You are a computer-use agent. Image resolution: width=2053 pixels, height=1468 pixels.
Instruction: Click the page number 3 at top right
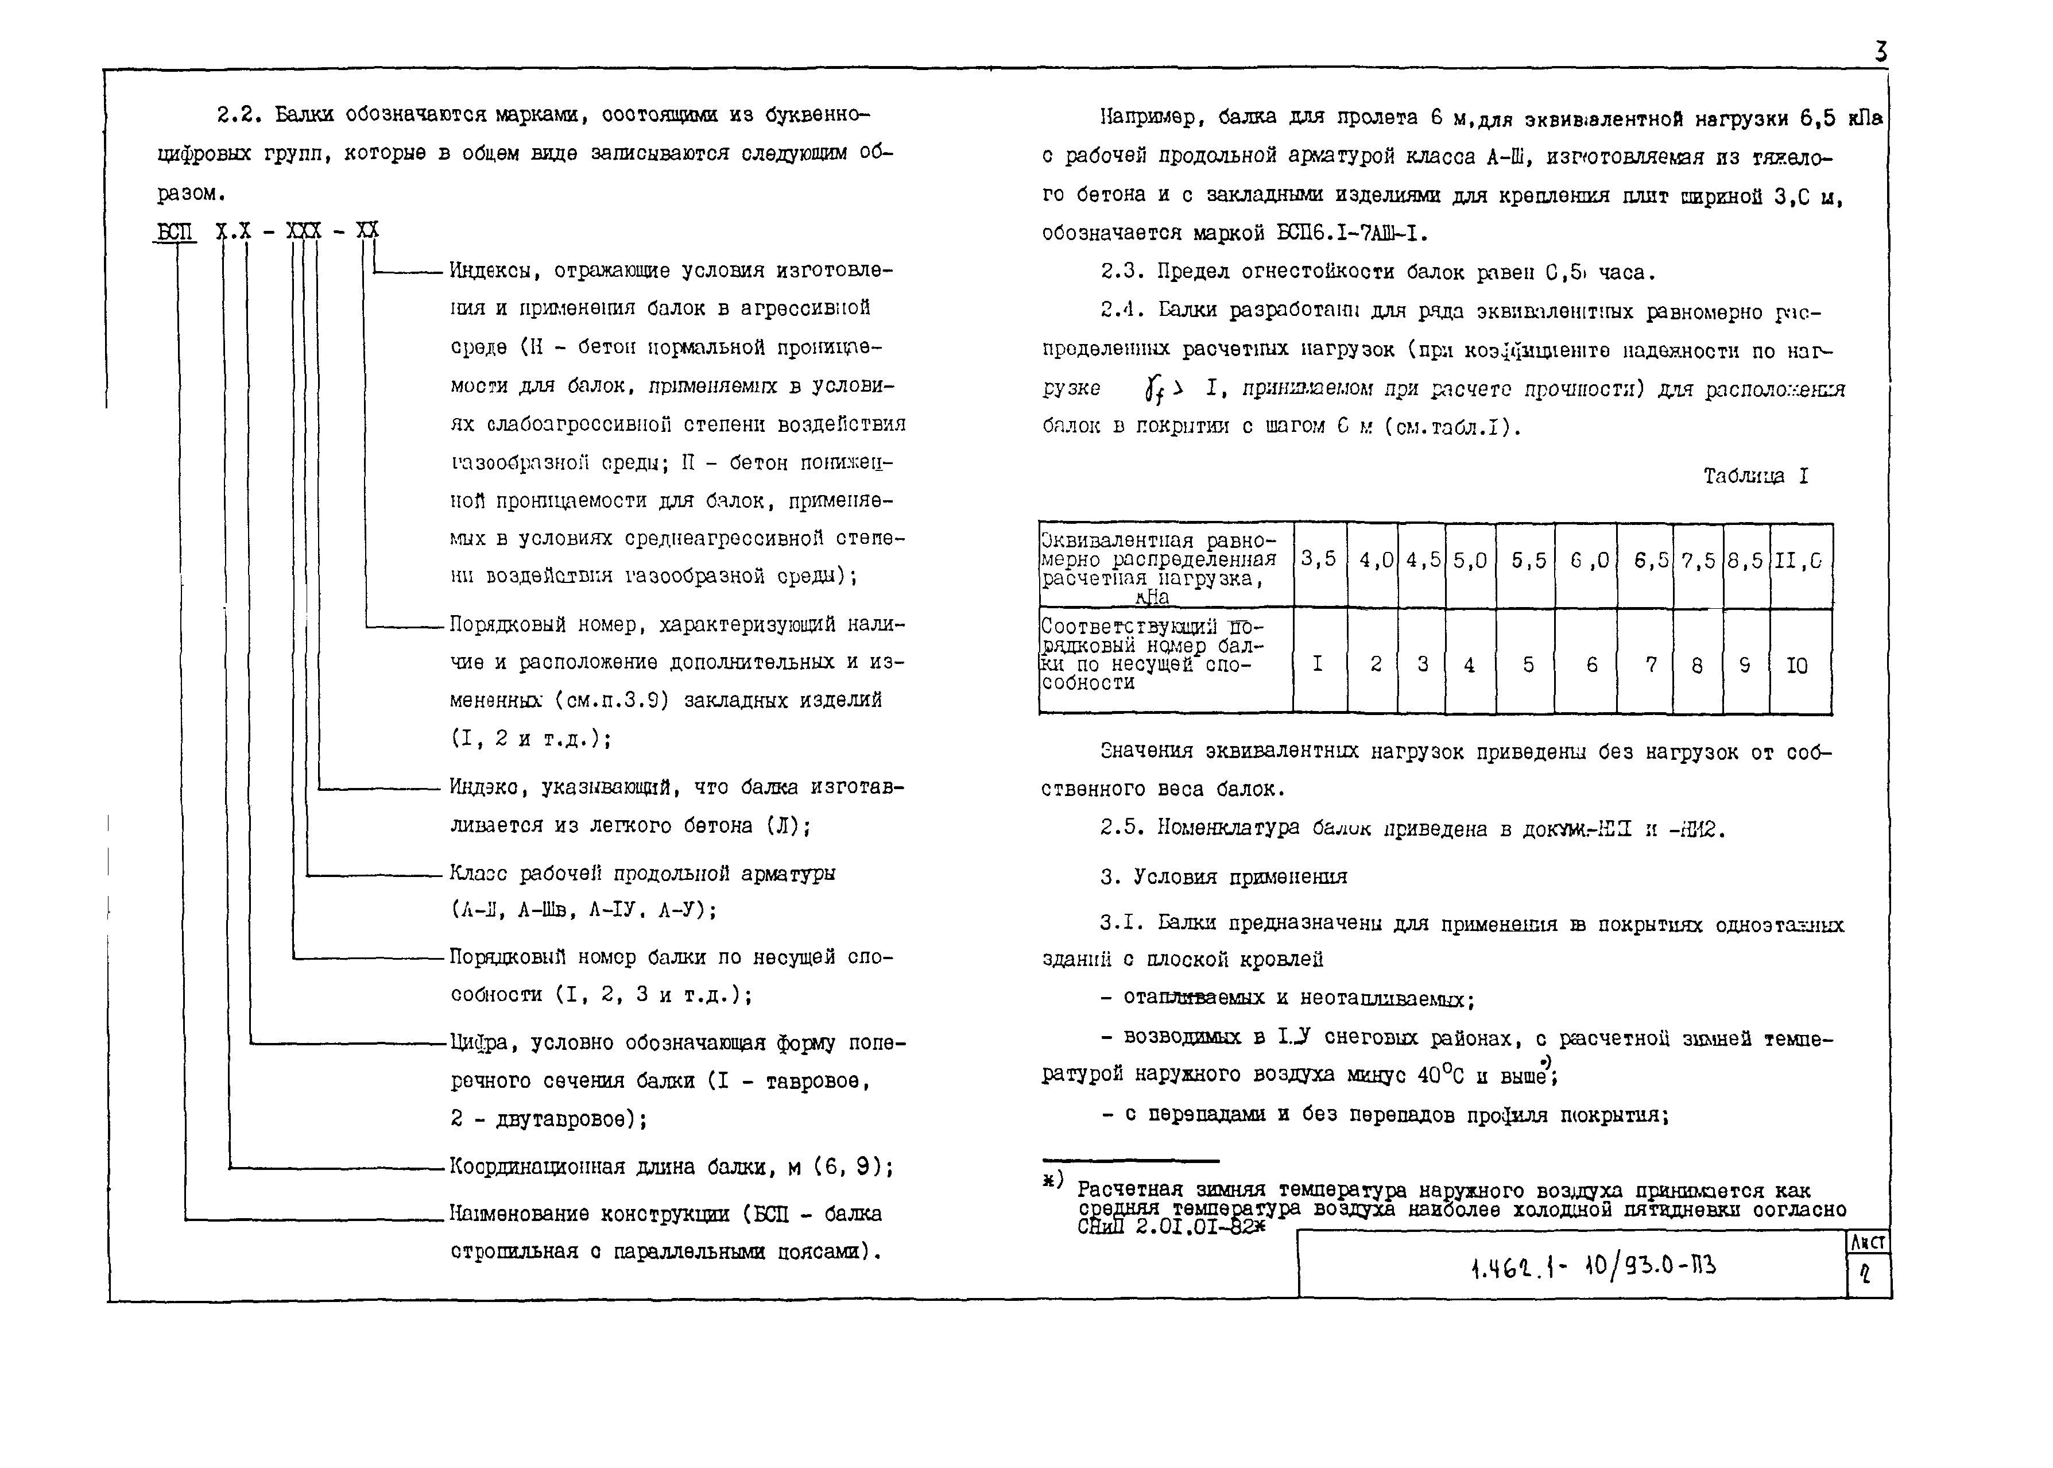1880,52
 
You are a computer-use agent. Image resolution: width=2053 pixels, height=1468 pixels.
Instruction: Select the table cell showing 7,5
1697,561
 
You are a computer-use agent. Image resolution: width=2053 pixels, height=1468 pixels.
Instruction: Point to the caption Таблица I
1756,476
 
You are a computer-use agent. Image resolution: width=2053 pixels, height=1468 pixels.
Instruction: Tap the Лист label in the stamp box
1868,1243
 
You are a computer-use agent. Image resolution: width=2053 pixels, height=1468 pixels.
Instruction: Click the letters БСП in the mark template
175,231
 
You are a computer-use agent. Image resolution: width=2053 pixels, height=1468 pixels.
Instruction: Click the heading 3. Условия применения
1223,877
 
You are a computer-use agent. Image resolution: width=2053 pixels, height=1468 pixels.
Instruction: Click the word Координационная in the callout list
537,1167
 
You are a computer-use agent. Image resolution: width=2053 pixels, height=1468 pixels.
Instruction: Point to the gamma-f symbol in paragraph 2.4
1152,389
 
